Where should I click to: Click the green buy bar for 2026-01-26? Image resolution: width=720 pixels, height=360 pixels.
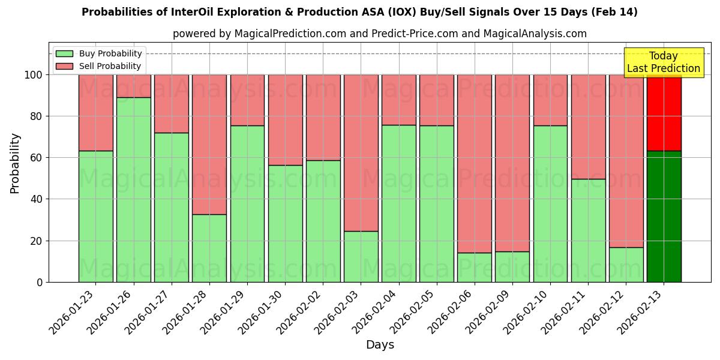[133, 190]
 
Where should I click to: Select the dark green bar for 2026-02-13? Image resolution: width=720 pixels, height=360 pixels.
[664, 217]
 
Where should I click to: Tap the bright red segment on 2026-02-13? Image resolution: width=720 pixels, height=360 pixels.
[664, 112]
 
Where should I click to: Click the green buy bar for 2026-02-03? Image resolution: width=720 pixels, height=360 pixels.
[361, 256]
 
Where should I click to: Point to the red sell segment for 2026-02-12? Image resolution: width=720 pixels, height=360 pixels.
[626, 161]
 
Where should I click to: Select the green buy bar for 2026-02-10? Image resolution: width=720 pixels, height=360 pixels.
[550, 203]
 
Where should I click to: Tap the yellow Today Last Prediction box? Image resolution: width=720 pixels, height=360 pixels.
[663, 62]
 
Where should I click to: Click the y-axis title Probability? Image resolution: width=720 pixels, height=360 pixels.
[15, 163]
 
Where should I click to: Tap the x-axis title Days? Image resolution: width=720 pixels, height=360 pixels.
[380, 345]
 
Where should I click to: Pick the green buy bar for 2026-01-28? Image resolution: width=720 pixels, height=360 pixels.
[209, 248]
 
